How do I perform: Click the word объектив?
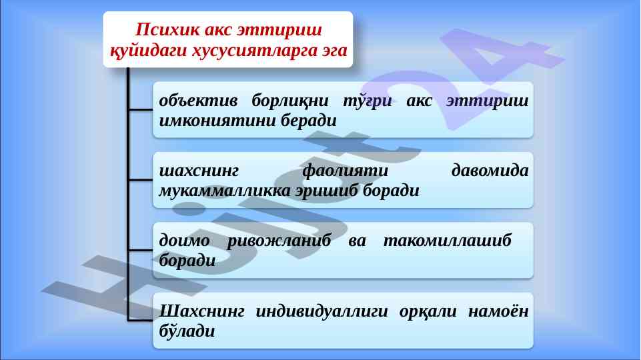(x=198, y=101)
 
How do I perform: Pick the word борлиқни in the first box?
(x=290, y=101)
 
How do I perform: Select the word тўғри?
(x=367, y=101)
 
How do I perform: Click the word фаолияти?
(x=345, y=171)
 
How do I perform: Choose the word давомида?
(x=490, y=171)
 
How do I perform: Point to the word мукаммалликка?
(x=224, y=191)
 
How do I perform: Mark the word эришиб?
(x=327, y=191)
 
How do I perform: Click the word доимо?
(x=184, y=241)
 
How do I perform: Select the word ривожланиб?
(x=279, y=241)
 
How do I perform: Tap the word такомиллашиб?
(x=447, y=240)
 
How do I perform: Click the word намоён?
(x=498, y=312)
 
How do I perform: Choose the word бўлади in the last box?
(x=187, y=331)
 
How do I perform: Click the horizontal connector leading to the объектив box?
(x=140, y=109)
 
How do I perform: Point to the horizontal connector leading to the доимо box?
(x=140, y=250)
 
